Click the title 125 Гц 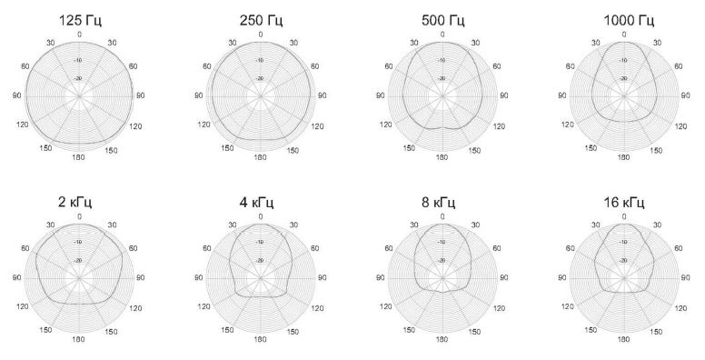[80, 20]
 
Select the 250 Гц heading [262, 20]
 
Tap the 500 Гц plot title [443, 20]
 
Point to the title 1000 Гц [629, 20]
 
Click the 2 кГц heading [75, 202]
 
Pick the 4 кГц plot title [257, 202]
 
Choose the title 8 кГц [439, 202]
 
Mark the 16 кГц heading [624, 202]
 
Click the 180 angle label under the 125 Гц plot [79, 157]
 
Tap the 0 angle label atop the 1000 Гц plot [624, 35]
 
